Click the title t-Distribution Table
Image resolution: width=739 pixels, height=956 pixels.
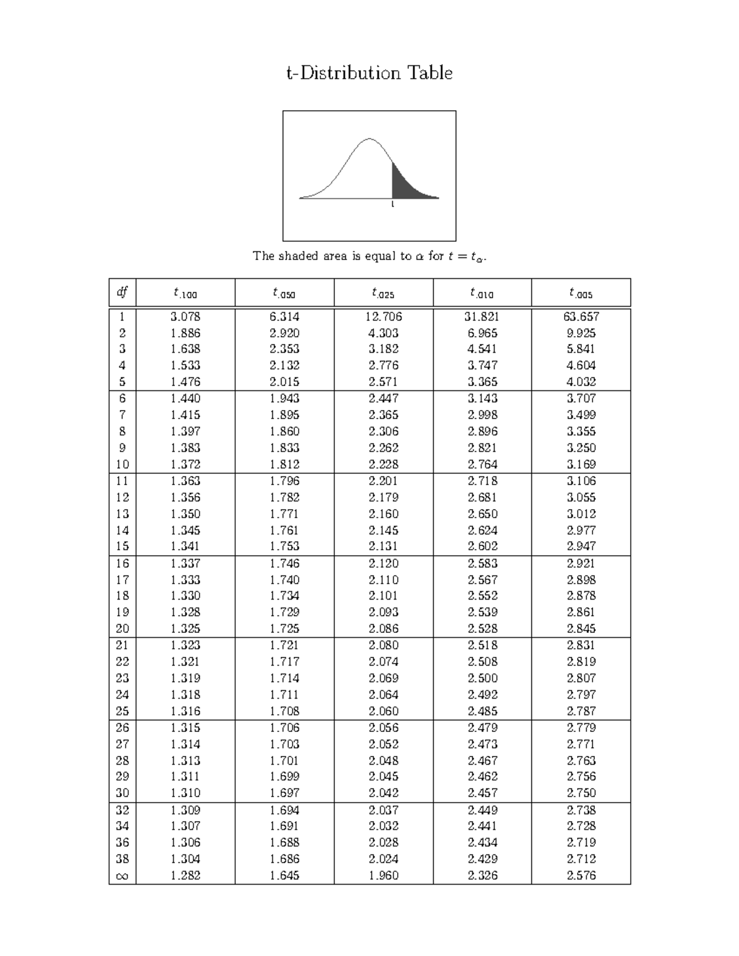pos(369,73)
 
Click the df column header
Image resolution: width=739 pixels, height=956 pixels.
pos(123,292)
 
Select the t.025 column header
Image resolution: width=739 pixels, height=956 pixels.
pos(383,293)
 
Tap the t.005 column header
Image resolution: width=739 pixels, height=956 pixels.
pos(581,293)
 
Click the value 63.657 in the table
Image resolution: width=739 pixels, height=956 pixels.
pos(581,316)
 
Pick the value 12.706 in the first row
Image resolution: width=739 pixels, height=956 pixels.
pos(383,316)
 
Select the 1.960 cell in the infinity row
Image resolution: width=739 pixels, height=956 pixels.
pos(383,875)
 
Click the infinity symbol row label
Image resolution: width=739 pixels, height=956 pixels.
pos(123,876)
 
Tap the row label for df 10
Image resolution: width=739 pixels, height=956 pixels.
pos(123,465)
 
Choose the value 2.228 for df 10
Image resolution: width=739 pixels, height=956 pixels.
pos(383,465)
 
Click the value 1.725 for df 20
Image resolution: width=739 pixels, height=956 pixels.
pos(284,629)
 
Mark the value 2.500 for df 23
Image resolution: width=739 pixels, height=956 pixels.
pos(482,678)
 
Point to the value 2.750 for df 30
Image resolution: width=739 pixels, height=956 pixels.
pos(581,793)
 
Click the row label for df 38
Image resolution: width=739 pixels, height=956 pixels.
pos(123,859)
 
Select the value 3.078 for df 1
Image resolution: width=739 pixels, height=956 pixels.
pos(185,316)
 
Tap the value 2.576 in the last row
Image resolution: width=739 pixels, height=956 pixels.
pos(581,875)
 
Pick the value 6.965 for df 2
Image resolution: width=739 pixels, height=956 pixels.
pos(482,333)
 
